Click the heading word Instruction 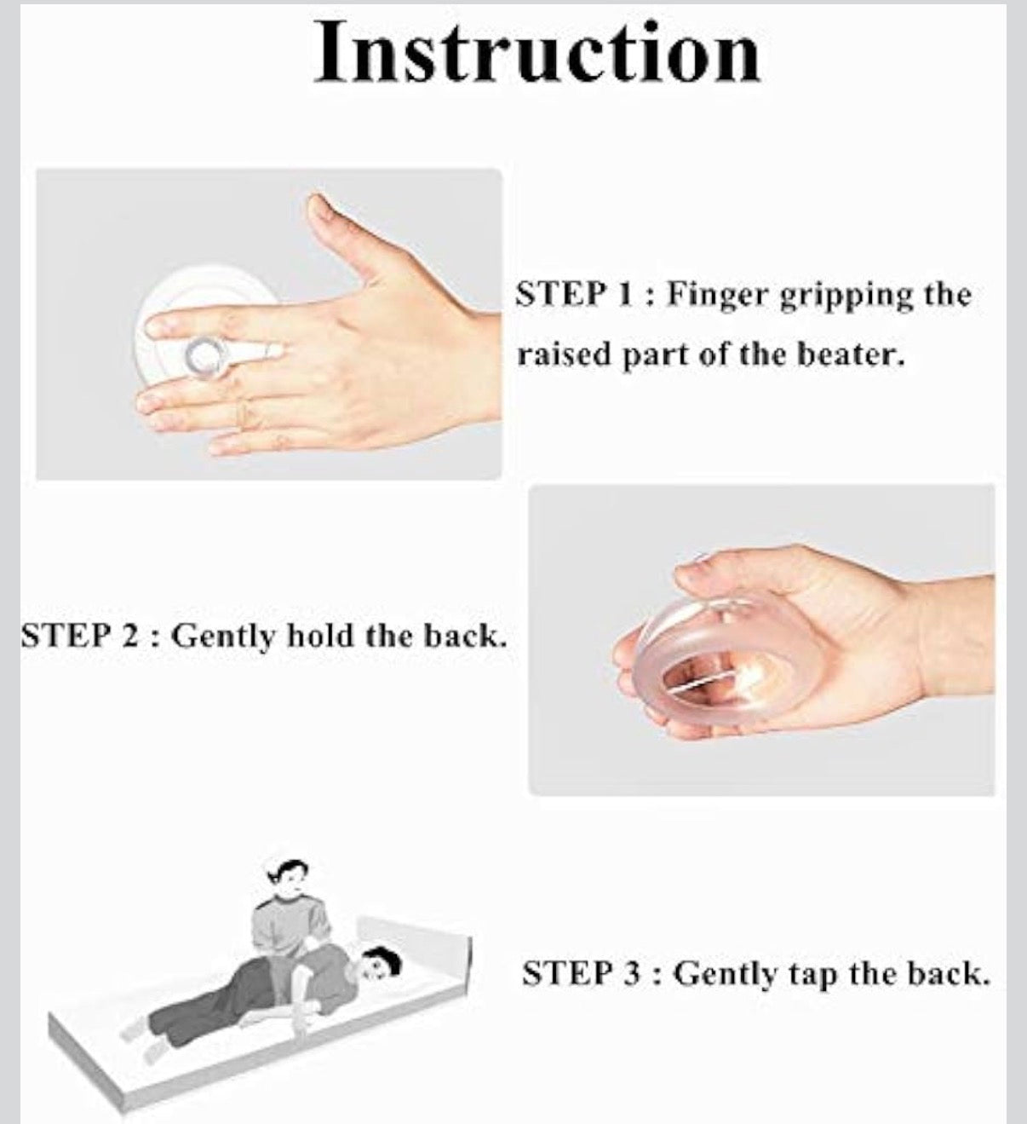point(537,53)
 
